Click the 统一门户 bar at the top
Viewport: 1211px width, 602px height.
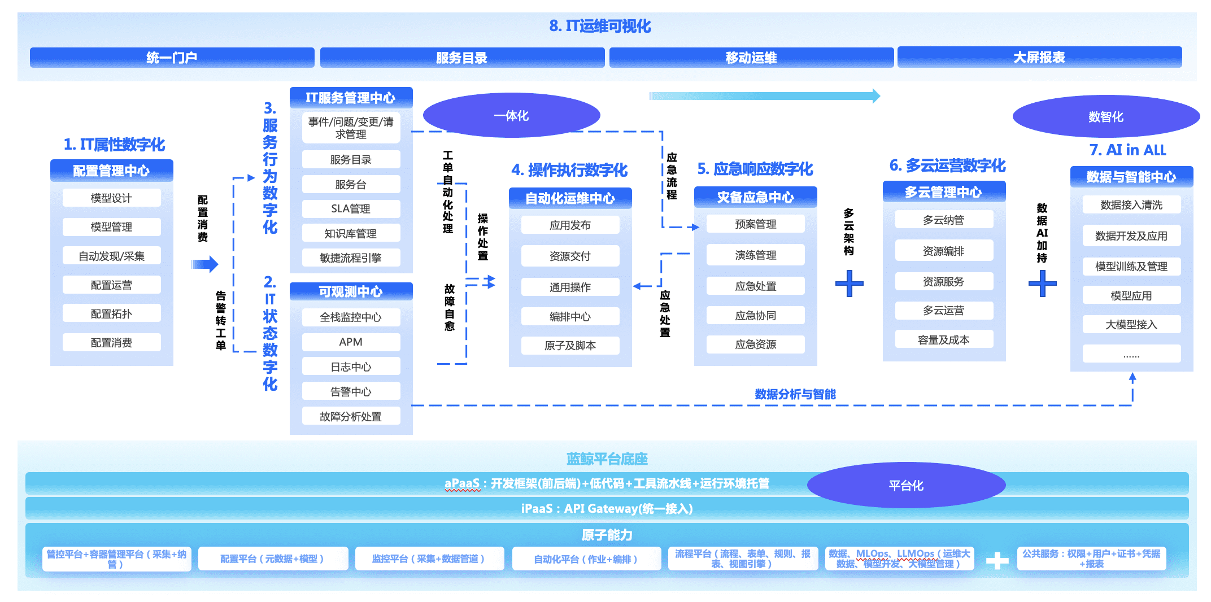coord(172,57)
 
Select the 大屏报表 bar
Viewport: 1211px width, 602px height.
coord(1039,57)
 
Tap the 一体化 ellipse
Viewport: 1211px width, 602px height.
coord(511,116)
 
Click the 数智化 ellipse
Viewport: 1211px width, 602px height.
coord(1105,117)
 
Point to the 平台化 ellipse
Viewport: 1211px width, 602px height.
coord(906,485)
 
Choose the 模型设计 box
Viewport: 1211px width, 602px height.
coord(111,198)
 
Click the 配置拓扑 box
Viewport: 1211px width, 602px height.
coord(111,313)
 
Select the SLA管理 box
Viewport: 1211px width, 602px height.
coord(351,208)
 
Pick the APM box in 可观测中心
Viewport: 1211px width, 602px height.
coord(351,342)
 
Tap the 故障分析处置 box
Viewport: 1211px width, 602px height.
coord(351,416)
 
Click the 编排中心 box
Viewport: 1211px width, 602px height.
coord(570,316)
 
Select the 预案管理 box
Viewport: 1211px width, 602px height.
coord(755,224)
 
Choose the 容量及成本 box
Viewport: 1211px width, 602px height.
coord(943,339)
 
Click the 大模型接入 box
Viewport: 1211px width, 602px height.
coord(1131,324)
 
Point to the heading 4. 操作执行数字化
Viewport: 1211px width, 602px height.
coord(569,169)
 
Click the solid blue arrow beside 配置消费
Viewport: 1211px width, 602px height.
coord(204,264)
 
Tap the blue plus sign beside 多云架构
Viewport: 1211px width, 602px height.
coord(849,283)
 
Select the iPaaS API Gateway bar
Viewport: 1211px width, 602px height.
coord(607,508)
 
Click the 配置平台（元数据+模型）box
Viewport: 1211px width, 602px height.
coord(272,559)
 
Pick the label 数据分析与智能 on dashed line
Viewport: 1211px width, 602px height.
coord(795,394)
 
